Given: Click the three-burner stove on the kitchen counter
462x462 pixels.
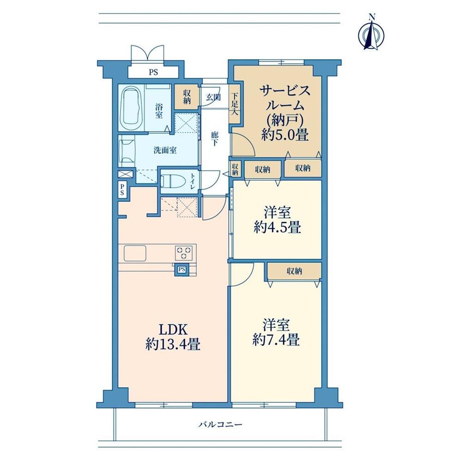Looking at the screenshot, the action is coord(183,253).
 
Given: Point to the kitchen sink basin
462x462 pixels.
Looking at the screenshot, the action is coord(135,253).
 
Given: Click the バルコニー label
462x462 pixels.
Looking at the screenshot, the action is coord(220,424).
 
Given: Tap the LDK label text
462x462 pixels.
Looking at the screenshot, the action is coord(173,330).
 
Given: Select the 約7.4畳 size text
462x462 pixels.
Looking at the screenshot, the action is coord(276,340).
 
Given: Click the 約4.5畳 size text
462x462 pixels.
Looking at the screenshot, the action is coord(277,227).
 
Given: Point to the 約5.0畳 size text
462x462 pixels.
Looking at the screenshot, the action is coord(285,135).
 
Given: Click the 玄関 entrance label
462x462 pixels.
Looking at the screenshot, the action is coord(213,97).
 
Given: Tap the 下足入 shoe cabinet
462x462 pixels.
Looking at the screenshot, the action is coord(235,104).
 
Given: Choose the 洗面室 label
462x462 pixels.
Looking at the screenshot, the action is coord(165,150).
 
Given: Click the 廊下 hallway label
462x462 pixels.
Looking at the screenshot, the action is coord(215,139).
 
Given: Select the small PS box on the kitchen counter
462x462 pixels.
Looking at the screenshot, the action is coord(182,269).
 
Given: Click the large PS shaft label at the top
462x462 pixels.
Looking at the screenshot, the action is coord(153,72).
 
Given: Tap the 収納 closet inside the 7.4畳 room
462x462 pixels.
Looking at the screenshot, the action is coord(294,271).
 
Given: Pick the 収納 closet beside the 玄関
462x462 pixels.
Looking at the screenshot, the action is coord(187,97).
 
